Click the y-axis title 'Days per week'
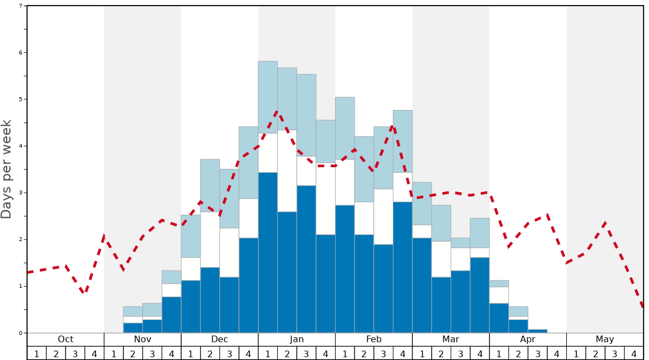[x=7, y=169]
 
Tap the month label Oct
[x=66, y=339]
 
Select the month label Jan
[x=297, y=339]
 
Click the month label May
[x=605, y=339]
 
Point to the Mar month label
[x=451, y=339]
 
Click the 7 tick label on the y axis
[x=21, y=6]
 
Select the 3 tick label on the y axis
[x=21, y=193]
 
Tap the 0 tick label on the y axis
[x=21, y=333]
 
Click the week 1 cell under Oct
[x=37, y=353]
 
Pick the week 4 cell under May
[x=633, y=353]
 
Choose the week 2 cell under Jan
[x=287, y=353]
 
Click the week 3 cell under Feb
[x=383, y=353]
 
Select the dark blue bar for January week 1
[x=268, y=253]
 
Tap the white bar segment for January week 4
[x=326, y=198]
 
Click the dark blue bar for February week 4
[x=402, y=267]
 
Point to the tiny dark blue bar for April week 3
[x=537, y=331]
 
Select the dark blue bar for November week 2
[x=133, y=328]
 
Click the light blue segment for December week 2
[x=210, y=186]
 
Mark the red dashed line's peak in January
[x=277, y=111]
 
